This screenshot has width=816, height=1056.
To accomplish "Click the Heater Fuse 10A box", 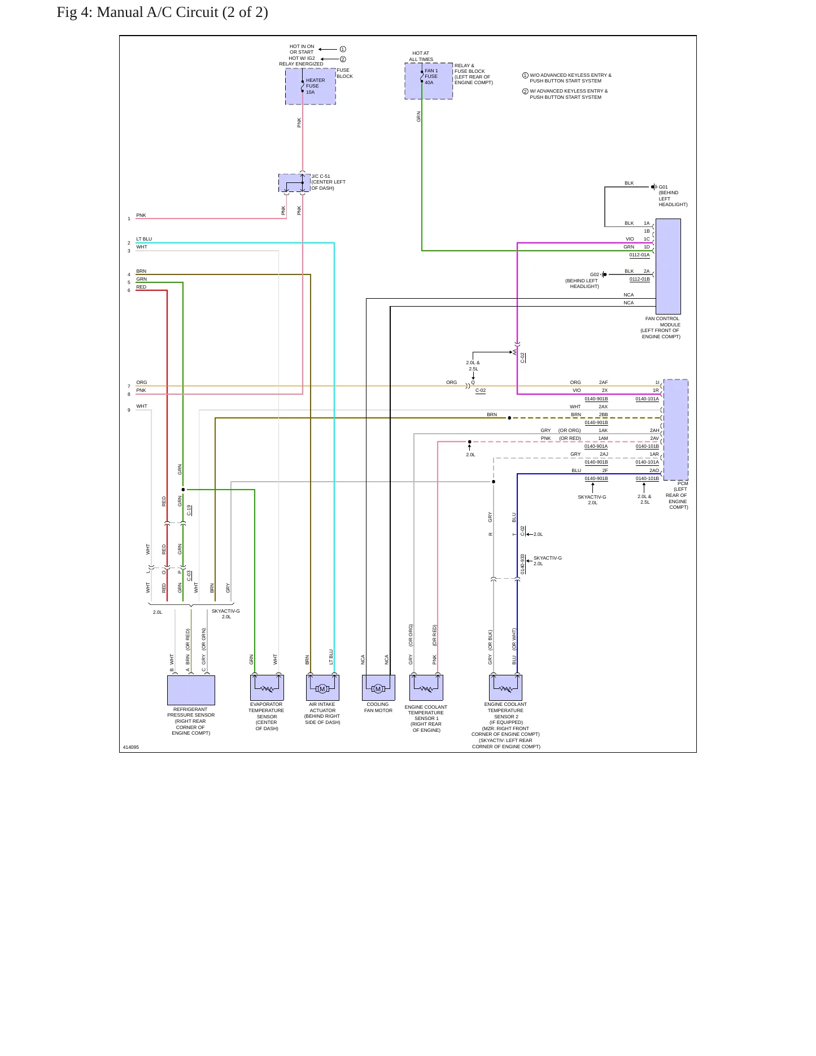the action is tap(310, 86).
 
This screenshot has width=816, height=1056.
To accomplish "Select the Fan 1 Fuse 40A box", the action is tap(429, 81).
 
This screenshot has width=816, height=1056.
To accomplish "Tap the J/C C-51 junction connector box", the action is tap(294, 183).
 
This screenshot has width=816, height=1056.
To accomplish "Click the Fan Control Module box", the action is tap(668, 267).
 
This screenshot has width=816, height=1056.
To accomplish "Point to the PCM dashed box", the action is tap(676, 430).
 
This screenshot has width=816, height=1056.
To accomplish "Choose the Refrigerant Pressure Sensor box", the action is tap(191, 690).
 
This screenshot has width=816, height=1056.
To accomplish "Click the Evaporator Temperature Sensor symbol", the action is tap(267, 688).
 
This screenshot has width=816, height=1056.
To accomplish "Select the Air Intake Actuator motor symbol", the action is tap(322, 688).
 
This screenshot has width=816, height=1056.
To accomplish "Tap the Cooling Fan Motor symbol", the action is tap(378, 688).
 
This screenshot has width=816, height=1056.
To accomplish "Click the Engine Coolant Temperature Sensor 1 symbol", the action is tap(426, 688).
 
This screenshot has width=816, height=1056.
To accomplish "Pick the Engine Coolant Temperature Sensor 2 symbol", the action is tap(505, 688).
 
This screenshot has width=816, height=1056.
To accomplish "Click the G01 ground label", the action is tap(663, 187).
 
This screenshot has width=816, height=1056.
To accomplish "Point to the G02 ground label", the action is tap(594, 275).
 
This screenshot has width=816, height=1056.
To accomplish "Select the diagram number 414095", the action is tap(131, 747).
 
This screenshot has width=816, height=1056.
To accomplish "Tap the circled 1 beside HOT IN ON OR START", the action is tap(343, 49).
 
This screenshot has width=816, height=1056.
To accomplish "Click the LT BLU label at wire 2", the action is tap(144, 239).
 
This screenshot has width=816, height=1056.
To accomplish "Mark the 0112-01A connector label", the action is tap(640, 255).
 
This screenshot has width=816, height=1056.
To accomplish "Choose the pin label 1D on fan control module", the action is tap(647, 247).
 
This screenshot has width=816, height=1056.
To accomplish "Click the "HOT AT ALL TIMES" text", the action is tap(421, 56).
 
